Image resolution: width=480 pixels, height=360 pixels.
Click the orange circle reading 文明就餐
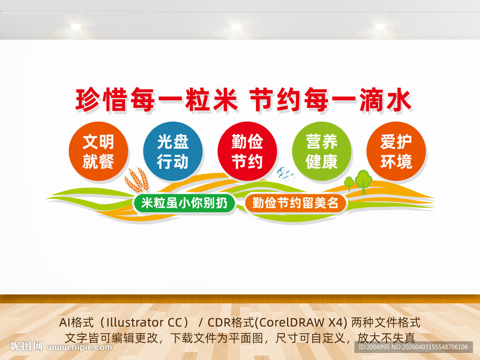click(98, 151)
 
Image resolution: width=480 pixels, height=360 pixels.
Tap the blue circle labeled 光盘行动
click(172, 151)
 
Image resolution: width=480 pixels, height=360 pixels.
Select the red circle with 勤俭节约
click(247, 151)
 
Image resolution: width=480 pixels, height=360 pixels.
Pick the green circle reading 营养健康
click(322, 151)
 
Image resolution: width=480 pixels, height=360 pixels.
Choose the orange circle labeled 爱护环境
click(396, 151)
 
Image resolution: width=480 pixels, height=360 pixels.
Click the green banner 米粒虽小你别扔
click(184, 203)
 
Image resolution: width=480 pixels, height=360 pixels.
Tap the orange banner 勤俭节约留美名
click(295, 203)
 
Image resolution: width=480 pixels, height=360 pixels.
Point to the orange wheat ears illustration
click(136, 180)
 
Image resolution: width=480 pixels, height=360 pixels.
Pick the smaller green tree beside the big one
click(349, 182)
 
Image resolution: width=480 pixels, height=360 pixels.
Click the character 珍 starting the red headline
click(88, 100)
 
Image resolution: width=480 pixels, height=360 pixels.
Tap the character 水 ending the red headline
click(398, 100)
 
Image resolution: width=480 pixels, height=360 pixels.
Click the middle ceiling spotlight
click(236, 26)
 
